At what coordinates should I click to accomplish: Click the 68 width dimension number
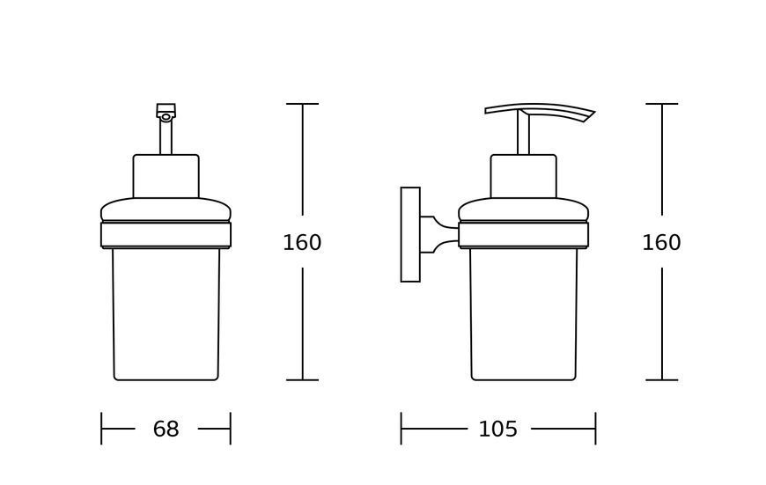[x=166, y=430]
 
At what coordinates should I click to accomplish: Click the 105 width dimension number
[x=497, y=430]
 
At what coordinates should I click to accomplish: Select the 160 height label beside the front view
[x=302, y=243]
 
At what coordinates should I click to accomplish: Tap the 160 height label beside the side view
[x=661, y=243]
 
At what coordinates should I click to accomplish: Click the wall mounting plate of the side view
[x=410, y=234]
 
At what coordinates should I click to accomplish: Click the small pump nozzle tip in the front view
[x=166, y=112]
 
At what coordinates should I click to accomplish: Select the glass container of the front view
[x=166, y=314]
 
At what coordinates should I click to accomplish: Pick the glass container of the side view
[x=523, y=314]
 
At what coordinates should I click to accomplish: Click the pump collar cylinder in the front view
[x=166, y=176]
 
